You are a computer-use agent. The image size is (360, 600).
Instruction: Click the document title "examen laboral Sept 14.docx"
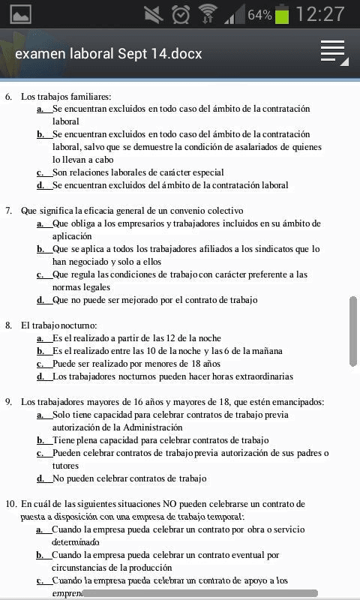tap(108, 53)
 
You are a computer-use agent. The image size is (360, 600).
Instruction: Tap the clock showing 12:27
tap(320, 14)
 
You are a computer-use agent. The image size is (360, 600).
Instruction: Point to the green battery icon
tap(282, 14)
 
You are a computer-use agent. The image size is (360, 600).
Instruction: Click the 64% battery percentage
tap(259, 15)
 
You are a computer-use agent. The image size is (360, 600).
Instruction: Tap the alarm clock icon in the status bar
tap(181, 14)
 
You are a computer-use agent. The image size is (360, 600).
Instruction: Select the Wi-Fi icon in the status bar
tap(207, 14)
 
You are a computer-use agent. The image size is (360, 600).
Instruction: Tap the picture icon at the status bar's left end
tap(20, 14)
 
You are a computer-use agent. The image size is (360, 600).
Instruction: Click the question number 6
tap(9, 96)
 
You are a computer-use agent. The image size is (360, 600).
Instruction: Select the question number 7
tap(9, 211)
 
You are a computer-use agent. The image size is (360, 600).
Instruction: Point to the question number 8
tap(9, 325)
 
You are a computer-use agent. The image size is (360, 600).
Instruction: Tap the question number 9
tap(9, 402)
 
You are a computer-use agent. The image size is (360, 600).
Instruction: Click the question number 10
tap(10, 503)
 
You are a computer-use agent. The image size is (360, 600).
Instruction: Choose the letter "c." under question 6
tap(41, 172)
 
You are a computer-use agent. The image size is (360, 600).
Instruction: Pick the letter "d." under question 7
tap(41, 300)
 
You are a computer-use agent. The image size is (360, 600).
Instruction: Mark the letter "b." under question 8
tap(41, 351)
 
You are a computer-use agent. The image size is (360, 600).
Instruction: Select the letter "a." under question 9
tap(41, 415)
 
